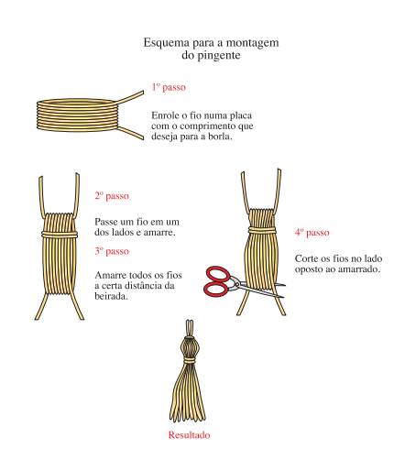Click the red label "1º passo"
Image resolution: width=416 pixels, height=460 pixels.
click(169, 87)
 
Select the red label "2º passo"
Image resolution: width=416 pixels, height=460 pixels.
click(112, 196)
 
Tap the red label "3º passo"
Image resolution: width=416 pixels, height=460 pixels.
click(112, 251)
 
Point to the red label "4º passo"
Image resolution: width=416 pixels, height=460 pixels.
click(312, 233)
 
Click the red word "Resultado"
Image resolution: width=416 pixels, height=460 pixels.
click(189, 434)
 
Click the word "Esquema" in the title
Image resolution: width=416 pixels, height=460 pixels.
click(167, 43)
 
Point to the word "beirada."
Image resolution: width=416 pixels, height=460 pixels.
click(111, 296)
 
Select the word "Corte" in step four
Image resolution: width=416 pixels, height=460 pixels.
click(306, 258)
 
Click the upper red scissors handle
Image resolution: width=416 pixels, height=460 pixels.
click(217, 274)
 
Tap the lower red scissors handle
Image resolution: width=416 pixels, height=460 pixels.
click(215, 290)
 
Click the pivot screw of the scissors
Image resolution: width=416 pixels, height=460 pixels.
click(236, 285)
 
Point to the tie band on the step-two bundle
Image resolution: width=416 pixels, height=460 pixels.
click(60, 235)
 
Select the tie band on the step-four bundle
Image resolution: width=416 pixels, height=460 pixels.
click(262, 230)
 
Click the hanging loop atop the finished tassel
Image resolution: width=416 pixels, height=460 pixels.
click(190, 328)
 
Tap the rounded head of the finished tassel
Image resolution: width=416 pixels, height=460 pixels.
click(190, 347)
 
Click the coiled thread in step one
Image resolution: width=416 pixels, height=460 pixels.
click(76, 115)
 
